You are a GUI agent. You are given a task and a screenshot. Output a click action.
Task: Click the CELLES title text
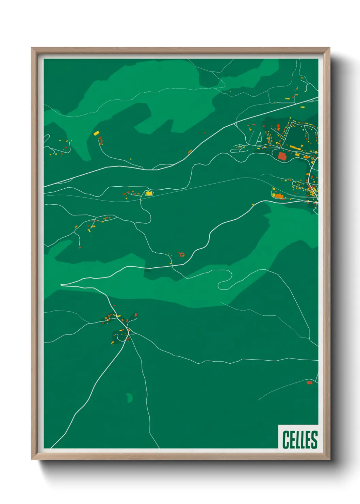tap(299, 439)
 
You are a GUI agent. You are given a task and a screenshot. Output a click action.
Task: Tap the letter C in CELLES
tap(285, 439)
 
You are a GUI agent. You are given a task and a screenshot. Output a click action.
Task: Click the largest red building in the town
tap(282, 156)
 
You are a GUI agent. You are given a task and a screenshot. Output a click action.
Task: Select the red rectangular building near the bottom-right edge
tap(309, 383)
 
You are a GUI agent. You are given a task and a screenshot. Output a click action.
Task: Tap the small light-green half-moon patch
tap(130, 397)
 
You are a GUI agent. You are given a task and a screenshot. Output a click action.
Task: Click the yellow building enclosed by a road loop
tap(149, 193)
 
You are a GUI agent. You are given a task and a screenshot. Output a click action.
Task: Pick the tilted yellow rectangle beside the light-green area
tap(96, 133)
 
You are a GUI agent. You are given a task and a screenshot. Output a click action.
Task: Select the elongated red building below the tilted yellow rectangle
tap(101, 140)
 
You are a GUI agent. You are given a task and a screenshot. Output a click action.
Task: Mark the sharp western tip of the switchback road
tap(62, 285)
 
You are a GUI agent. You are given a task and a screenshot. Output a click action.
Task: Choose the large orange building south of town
tap(279, 196)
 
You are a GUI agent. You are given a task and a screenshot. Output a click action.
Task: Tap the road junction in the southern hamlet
tap(129, 330)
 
